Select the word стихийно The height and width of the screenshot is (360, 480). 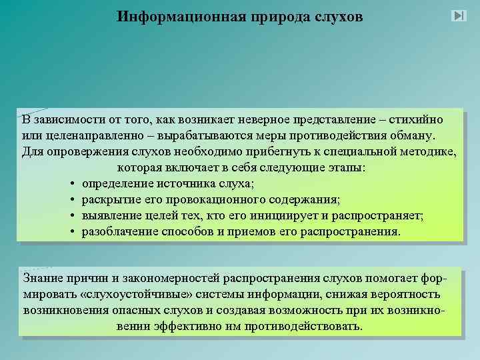click(414, 120)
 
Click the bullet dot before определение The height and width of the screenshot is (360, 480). click(70, 184)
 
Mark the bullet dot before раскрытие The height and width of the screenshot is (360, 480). click(70, 200)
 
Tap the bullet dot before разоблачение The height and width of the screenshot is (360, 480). click(70, 232)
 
